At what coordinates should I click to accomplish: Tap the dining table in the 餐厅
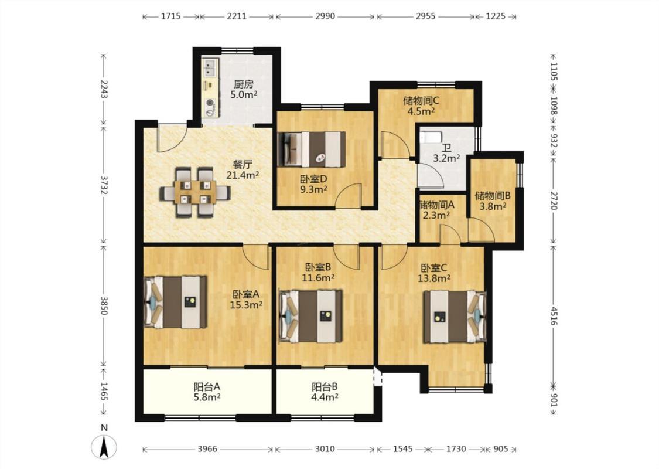[195, 193]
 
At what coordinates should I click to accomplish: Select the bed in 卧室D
[312, 149]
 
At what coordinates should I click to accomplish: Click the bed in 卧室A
[175, 301]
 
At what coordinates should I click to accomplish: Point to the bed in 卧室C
[455, 317]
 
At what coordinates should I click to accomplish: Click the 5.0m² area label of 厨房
[244, 94]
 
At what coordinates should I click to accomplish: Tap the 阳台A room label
[207, 386]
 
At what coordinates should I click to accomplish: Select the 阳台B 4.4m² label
[325, 392]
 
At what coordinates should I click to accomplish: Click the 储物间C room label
[421, 100]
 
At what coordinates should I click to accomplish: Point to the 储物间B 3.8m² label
[493, 201]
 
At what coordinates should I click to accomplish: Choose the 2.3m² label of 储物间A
[437, 215]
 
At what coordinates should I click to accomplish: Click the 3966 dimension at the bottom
[207, 449]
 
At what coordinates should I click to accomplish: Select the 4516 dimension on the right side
[554, 317]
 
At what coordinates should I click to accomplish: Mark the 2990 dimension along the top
[325, 16]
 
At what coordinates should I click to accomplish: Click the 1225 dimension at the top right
[496, 16]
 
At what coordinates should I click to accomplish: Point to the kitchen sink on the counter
[210, 67]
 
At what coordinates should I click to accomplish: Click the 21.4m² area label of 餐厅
[243, 175]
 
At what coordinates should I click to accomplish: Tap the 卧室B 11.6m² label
[318, 272]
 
